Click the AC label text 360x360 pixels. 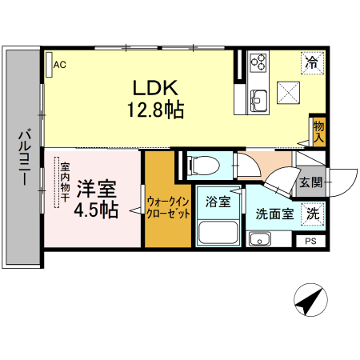[60, 65]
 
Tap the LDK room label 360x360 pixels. [155, 88]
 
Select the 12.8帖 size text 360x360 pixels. [155, 110]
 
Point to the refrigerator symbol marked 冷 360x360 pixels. [313, 63]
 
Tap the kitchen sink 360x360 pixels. [258, 101]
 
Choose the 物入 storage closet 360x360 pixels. [319, 132]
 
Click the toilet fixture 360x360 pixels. [203, 166]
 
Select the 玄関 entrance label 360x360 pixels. [311, 182]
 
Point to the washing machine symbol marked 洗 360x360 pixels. [313, 214]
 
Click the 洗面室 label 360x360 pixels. [275, 214]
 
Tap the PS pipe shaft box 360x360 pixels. [310, 241]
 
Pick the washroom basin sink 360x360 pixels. [260, 238]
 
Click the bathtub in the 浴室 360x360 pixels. [218, 232]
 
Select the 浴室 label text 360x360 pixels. [218, 202]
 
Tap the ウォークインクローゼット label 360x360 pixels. [169, 207]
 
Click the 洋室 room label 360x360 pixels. [97, 189]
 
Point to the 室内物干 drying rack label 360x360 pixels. [65, 182]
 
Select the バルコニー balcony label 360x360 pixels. [25, 157]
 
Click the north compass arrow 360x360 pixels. [310, 300]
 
